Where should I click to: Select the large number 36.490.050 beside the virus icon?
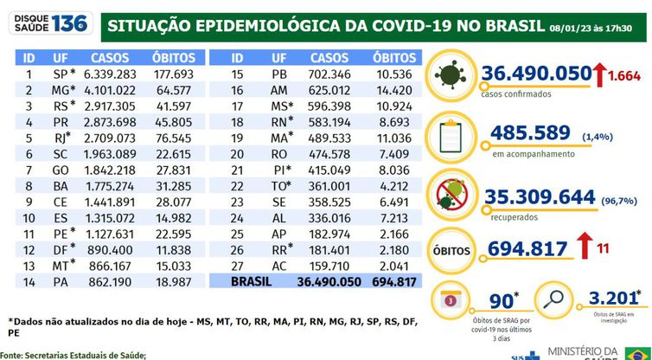click(x=547, y=74)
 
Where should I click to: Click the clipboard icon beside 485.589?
click(x=459, y=135)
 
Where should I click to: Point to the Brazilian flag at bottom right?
click(x=638, y=353)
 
